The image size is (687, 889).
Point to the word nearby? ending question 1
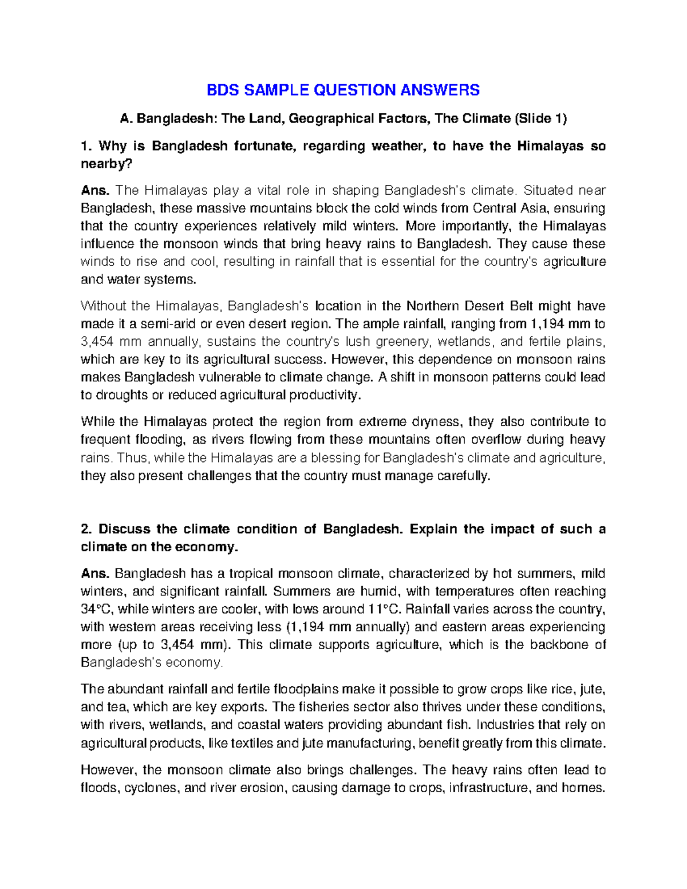click(106, 164)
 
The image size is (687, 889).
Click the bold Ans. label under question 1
click(94, 190)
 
